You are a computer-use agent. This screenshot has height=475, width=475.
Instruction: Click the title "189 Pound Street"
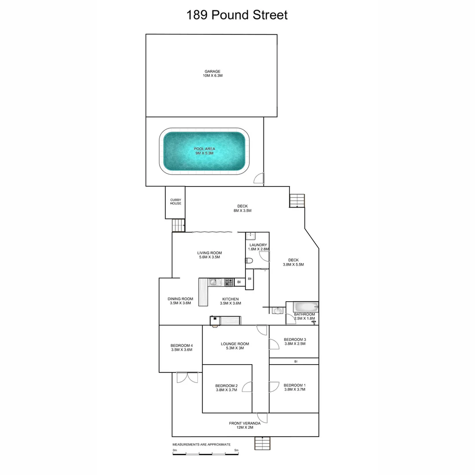pos(237,15)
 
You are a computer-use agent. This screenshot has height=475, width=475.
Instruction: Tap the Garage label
pos(212,72)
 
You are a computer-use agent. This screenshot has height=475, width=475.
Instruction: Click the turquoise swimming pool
pos(204,151)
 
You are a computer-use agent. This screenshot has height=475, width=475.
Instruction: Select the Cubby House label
pos(175,202)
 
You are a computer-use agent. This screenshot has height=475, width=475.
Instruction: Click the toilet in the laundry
pos(249,261)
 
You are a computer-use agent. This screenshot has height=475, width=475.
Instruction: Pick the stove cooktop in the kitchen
pos(229,282)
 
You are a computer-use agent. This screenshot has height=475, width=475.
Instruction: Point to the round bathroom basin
pos(277,311)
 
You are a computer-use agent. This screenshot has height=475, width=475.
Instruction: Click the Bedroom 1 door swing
pos(273,387)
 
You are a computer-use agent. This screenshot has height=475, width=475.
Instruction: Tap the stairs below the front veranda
pos(263,443)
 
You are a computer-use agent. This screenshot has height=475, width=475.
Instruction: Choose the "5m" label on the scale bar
pos(236,450)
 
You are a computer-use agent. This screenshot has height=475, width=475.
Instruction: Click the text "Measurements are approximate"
pos(201,445)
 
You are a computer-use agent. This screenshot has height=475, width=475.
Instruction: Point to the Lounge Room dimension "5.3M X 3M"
pos(235,348)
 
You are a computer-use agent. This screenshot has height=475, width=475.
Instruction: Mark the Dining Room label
pos(180,299)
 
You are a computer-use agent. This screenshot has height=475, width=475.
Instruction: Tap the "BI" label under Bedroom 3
pos(296,362)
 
